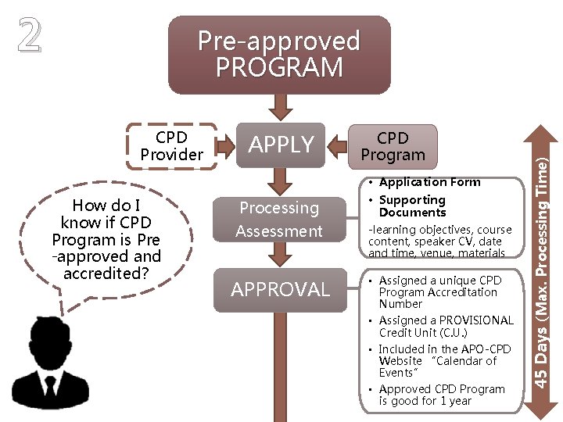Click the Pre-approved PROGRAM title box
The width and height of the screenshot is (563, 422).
point(279,55)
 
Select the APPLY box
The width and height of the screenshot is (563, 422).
point(281,145)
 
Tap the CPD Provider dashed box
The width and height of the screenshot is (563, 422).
point(171,146)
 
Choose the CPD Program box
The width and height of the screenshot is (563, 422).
point(393,146)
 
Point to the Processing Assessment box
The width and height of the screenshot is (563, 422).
point(279,220)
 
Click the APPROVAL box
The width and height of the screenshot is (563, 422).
point(280,289)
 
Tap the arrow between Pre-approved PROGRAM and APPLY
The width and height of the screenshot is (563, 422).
point(280,105)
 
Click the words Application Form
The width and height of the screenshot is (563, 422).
point(429,182)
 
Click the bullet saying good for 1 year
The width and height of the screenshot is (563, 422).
point(441,395)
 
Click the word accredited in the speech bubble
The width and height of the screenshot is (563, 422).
point(106,274)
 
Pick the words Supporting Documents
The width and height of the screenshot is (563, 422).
point(412,206)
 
